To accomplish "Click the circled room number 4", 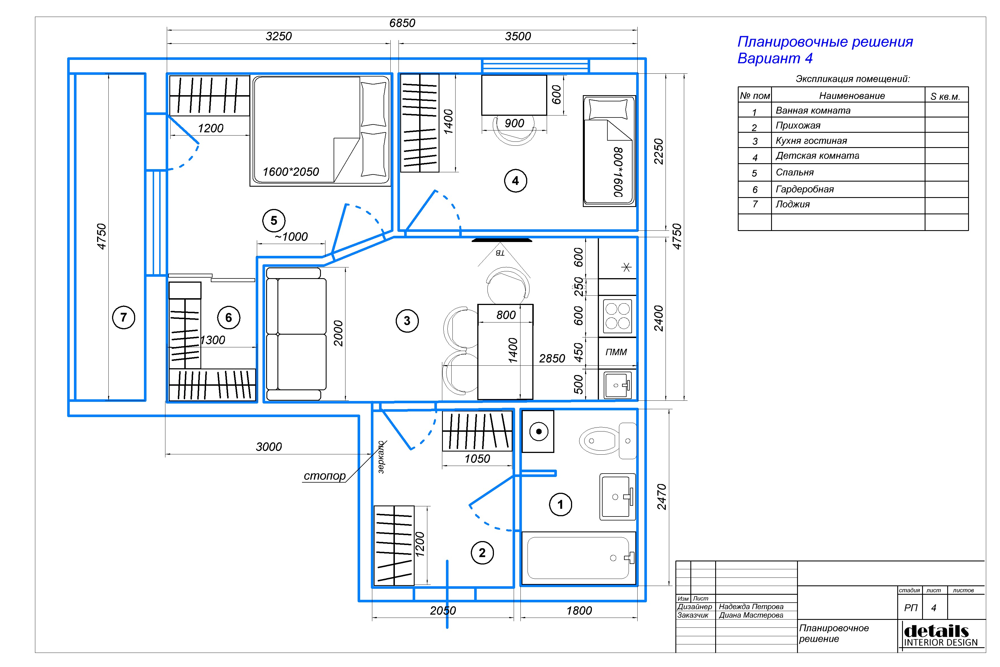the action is (515, 181).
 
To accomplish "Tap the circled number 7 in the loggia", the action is (124, 317).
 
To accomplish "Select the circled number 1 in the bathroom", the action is (560, 505).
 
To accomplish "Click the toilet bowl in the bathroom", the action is (599, 441).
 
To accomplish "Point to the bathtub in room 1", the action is (579, 558).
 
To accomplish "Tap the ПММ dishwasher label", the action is (616, 352).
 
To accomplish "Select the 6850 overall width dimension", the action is (402, 23).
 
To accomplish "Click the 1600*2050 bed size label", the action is (291, 172).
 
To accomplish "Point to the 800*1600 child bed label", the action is (618, 172).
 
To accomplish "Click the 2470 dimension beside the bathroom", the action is (662, 497).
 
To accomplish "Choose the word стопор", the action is (325, 476).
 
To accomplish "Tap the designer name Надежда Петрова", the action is (751, 607).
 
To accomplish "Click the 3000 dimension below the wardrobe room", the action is (269, 447).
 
